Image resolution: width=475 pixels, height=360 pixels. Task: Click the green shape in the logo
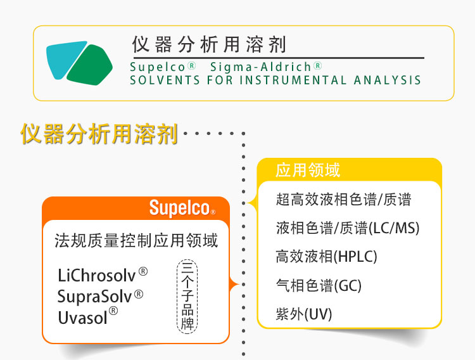[x=90, y=65]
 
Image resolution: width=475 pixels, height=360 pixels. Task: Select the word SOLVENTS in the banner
[x=165, y=80]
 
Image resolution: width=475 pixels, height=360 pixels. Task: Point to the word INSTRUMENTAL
[x=293, y=80]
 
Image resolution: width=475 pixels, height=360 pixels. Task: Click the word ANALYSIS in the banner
[x=387, y=80]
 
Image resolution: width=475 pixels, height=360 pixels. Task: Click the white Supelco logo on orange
[x=182, y=208]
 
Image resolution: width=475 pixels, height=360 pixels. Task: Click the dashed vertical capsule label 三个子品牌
[x=187, y=297]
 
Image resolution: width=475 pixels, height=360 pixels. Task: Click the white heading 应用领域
[x=308, y=170]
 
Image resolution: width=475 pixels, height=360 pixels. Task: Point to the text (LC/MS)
[x=394, y=228]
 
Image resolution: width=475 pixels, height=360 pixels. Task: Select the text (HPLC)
[x=355, y=257]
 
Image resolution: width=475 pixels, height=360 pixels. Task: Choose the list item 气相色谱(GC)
[x=319, y=285]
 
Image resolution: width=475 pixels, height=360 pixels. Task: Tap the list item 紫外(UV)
[x=304, y=314]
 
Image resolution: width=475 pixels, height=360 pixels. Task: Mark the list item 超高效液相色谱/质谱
[x=343, y=200]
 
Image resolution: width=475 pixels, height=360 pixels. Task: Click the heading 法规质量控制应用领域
[x=136, y=241]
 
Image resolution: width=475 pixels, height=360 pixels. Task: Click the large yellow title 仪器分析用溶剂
[x=99, y=134]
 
